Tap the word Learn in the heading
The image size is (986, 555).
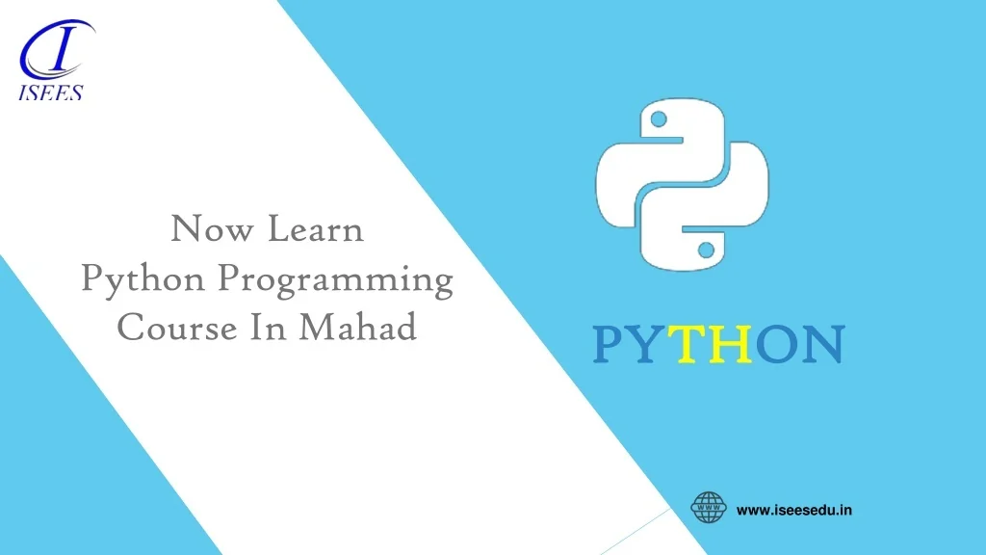coord(316,231)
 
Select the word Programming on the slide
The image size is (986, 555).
coord(335,281)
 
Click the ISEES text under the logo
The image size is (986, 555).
coord(51,93)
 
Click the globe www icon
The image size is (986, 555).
coord(710,508)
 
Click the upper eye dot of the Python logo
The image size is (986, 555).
coord(660,120)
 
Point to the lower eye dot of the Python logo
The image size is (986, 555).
coord(706,250)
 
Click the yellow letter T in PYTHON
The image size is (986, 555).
coord(687,345)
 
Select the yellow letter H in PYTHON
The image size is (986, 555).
coord(731,345)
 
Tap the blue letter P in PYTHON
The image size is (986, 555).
coord(608,345)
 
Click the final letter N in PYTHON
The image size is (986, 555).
coord(821,345)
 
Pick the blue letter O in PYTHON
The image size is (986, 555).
coord(775,345)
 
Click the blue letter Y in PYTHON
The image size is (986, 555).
coord(647,345)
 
